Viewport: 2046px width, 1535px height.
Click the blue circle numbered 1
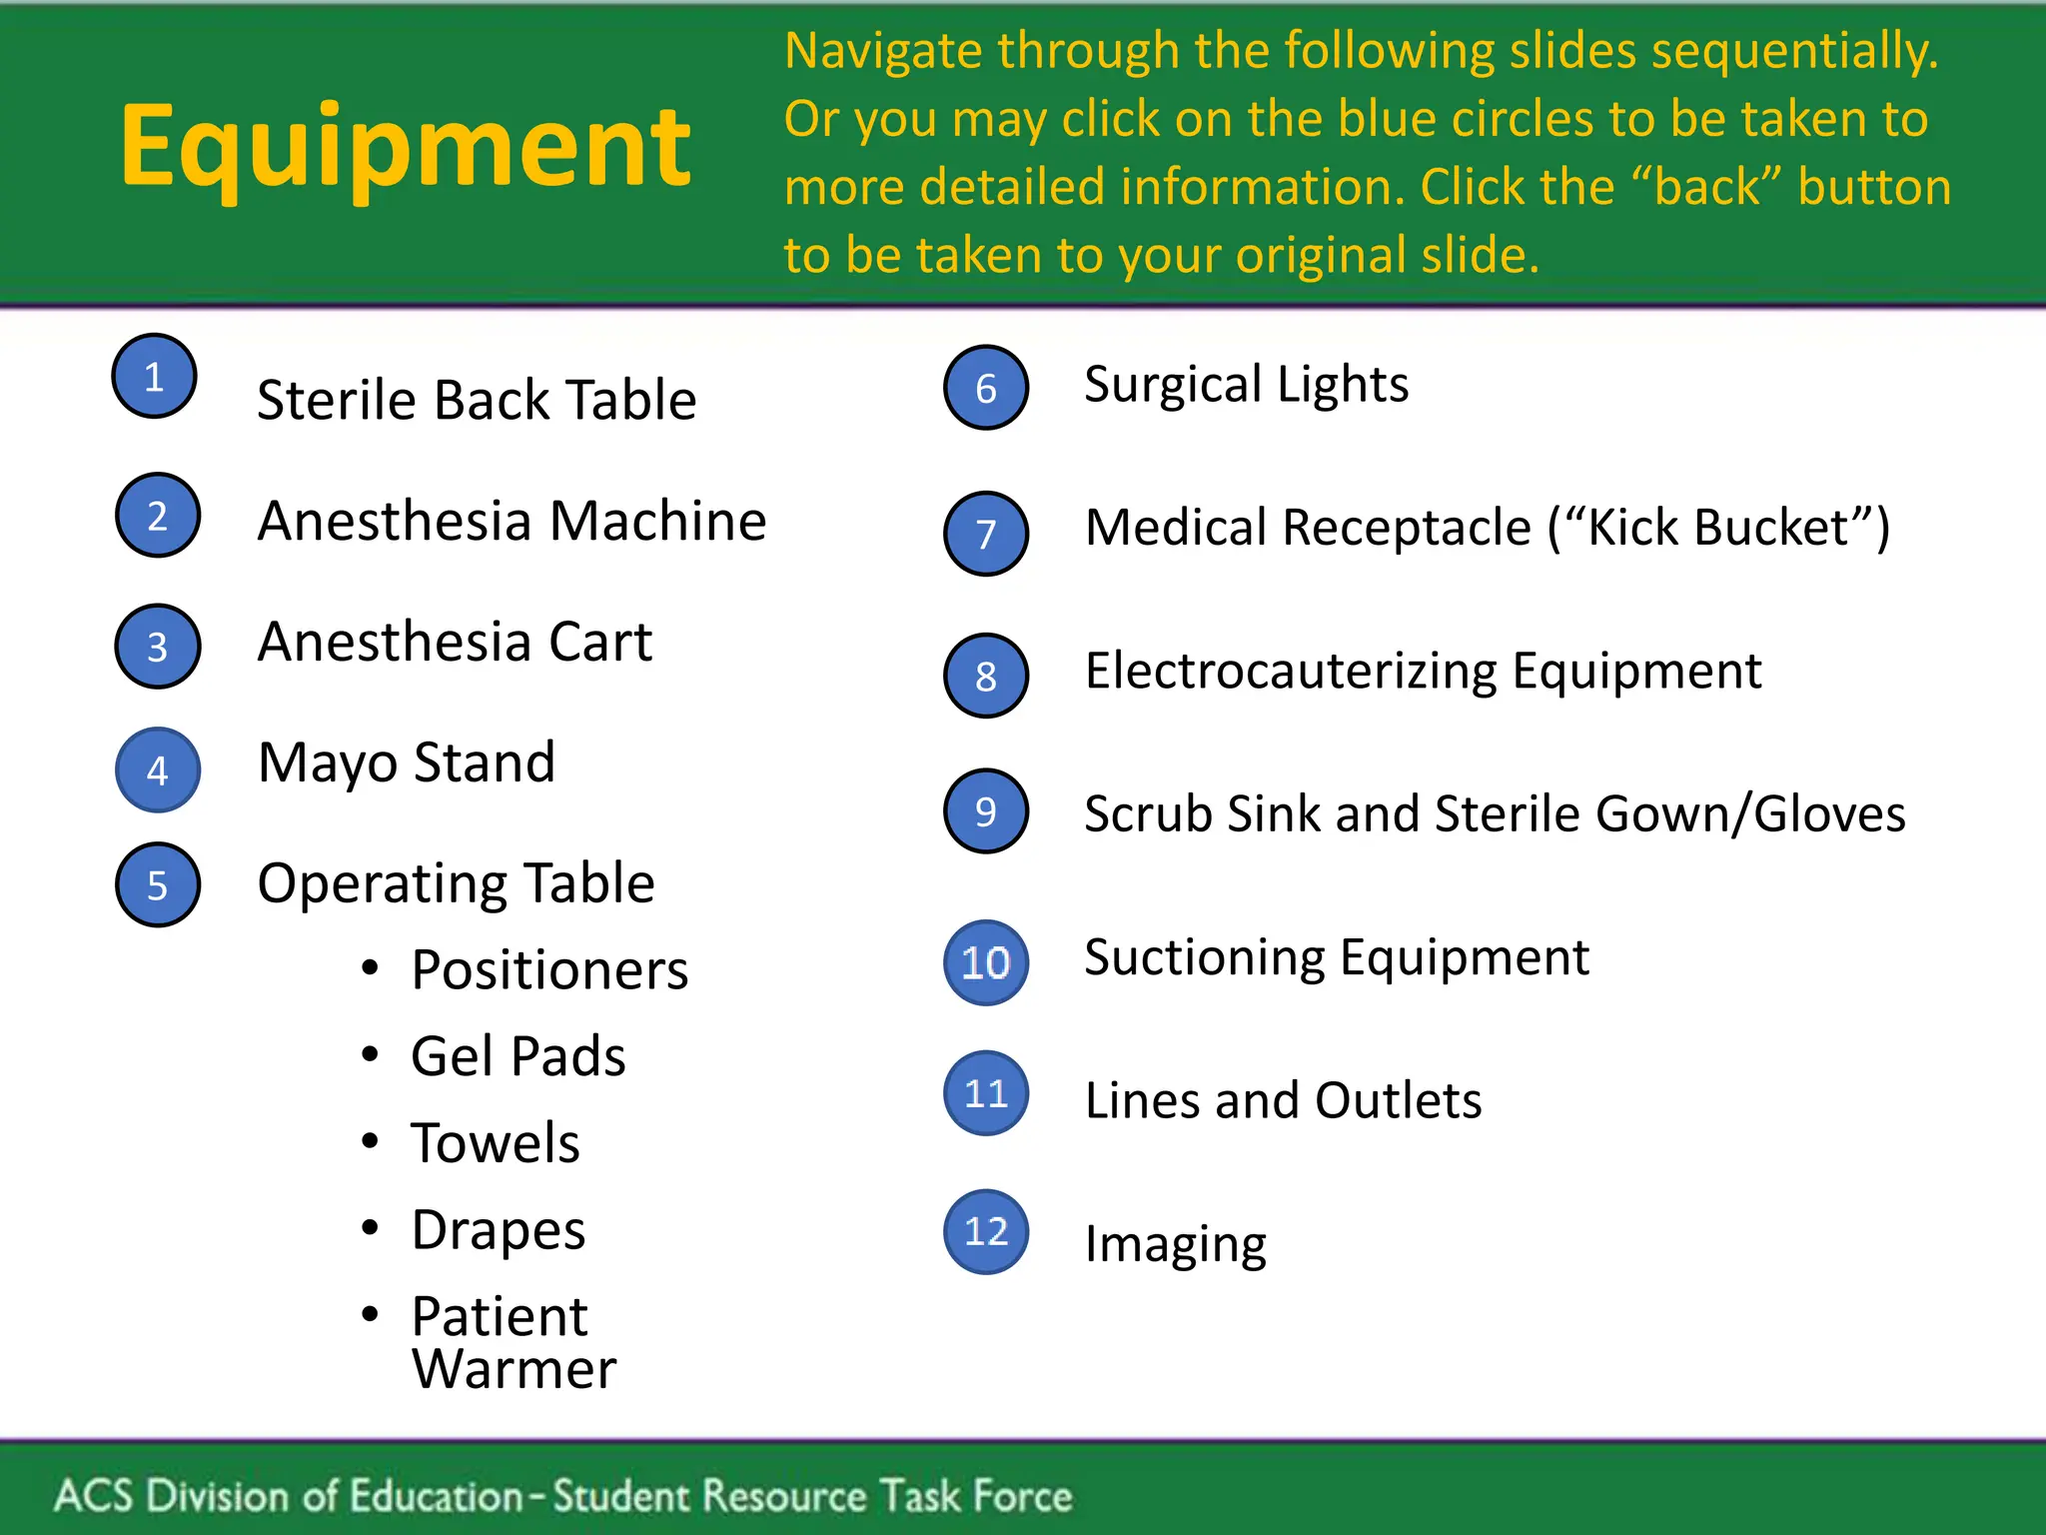point(154,377)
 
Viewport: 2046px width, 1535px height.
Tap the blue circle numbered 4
point(158,769)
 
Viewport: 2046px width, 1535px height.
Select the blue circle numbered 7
point(986,534)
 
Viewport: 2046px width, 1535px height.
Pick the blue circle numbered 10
point(986,962)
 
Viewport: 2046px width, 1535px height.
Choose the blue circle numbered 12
point(986,1231)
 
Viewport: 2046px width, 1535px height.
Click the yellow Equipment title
point(405,148)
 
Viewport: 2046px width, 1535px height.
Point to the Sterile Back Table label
point(477,400)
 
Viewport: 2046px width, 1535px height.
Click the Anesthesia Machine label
point(511,521)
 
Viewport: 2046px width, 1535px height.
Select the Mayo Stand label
point(406,763)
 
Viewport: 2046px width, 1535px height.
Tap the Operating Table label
point(456,883)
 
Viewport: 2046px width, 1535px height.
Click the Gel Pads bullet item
point(517,1056)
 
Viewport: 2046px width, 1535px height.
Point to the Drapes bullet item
point(498,1230)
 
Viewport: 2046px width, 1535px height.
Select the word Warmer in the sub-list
point(513,1369)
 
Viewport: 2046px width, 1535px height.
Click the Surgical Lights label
point(1246,385)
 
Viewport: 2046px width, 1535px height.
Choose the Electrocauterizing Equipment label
point(1423,671)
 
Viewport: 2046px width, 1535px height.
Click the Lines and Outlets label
point(1283,1100)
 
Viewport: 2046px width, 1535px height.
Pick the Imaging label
point(1175,1245)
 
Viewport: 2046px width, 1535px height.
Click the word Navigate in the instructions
point(881,52)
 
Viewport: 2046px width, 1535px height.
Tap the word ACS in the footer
point(93,1496)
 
